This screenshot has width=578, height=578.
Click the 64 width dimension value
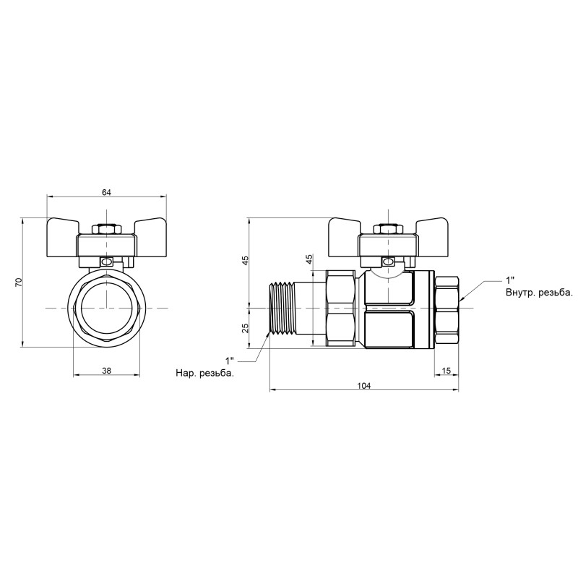(x=107, y=192)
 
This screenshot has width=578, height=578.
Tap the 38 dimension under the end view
(x=107, y=370)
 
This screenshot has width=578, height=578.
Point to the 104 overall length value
(x=364, y=386)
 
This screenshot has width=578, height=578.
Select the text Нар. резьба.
(x=204, y=374)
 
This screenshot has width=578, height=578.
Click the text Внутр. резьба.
(x=538, y=293)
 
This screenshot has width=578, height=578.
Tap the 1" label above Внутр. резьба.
(x=511, y=280)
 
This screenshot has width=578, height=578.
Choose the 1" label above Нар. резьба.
(x=230, y=360)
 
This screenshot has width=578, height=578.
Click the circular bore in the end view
(x=107, y=309)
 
